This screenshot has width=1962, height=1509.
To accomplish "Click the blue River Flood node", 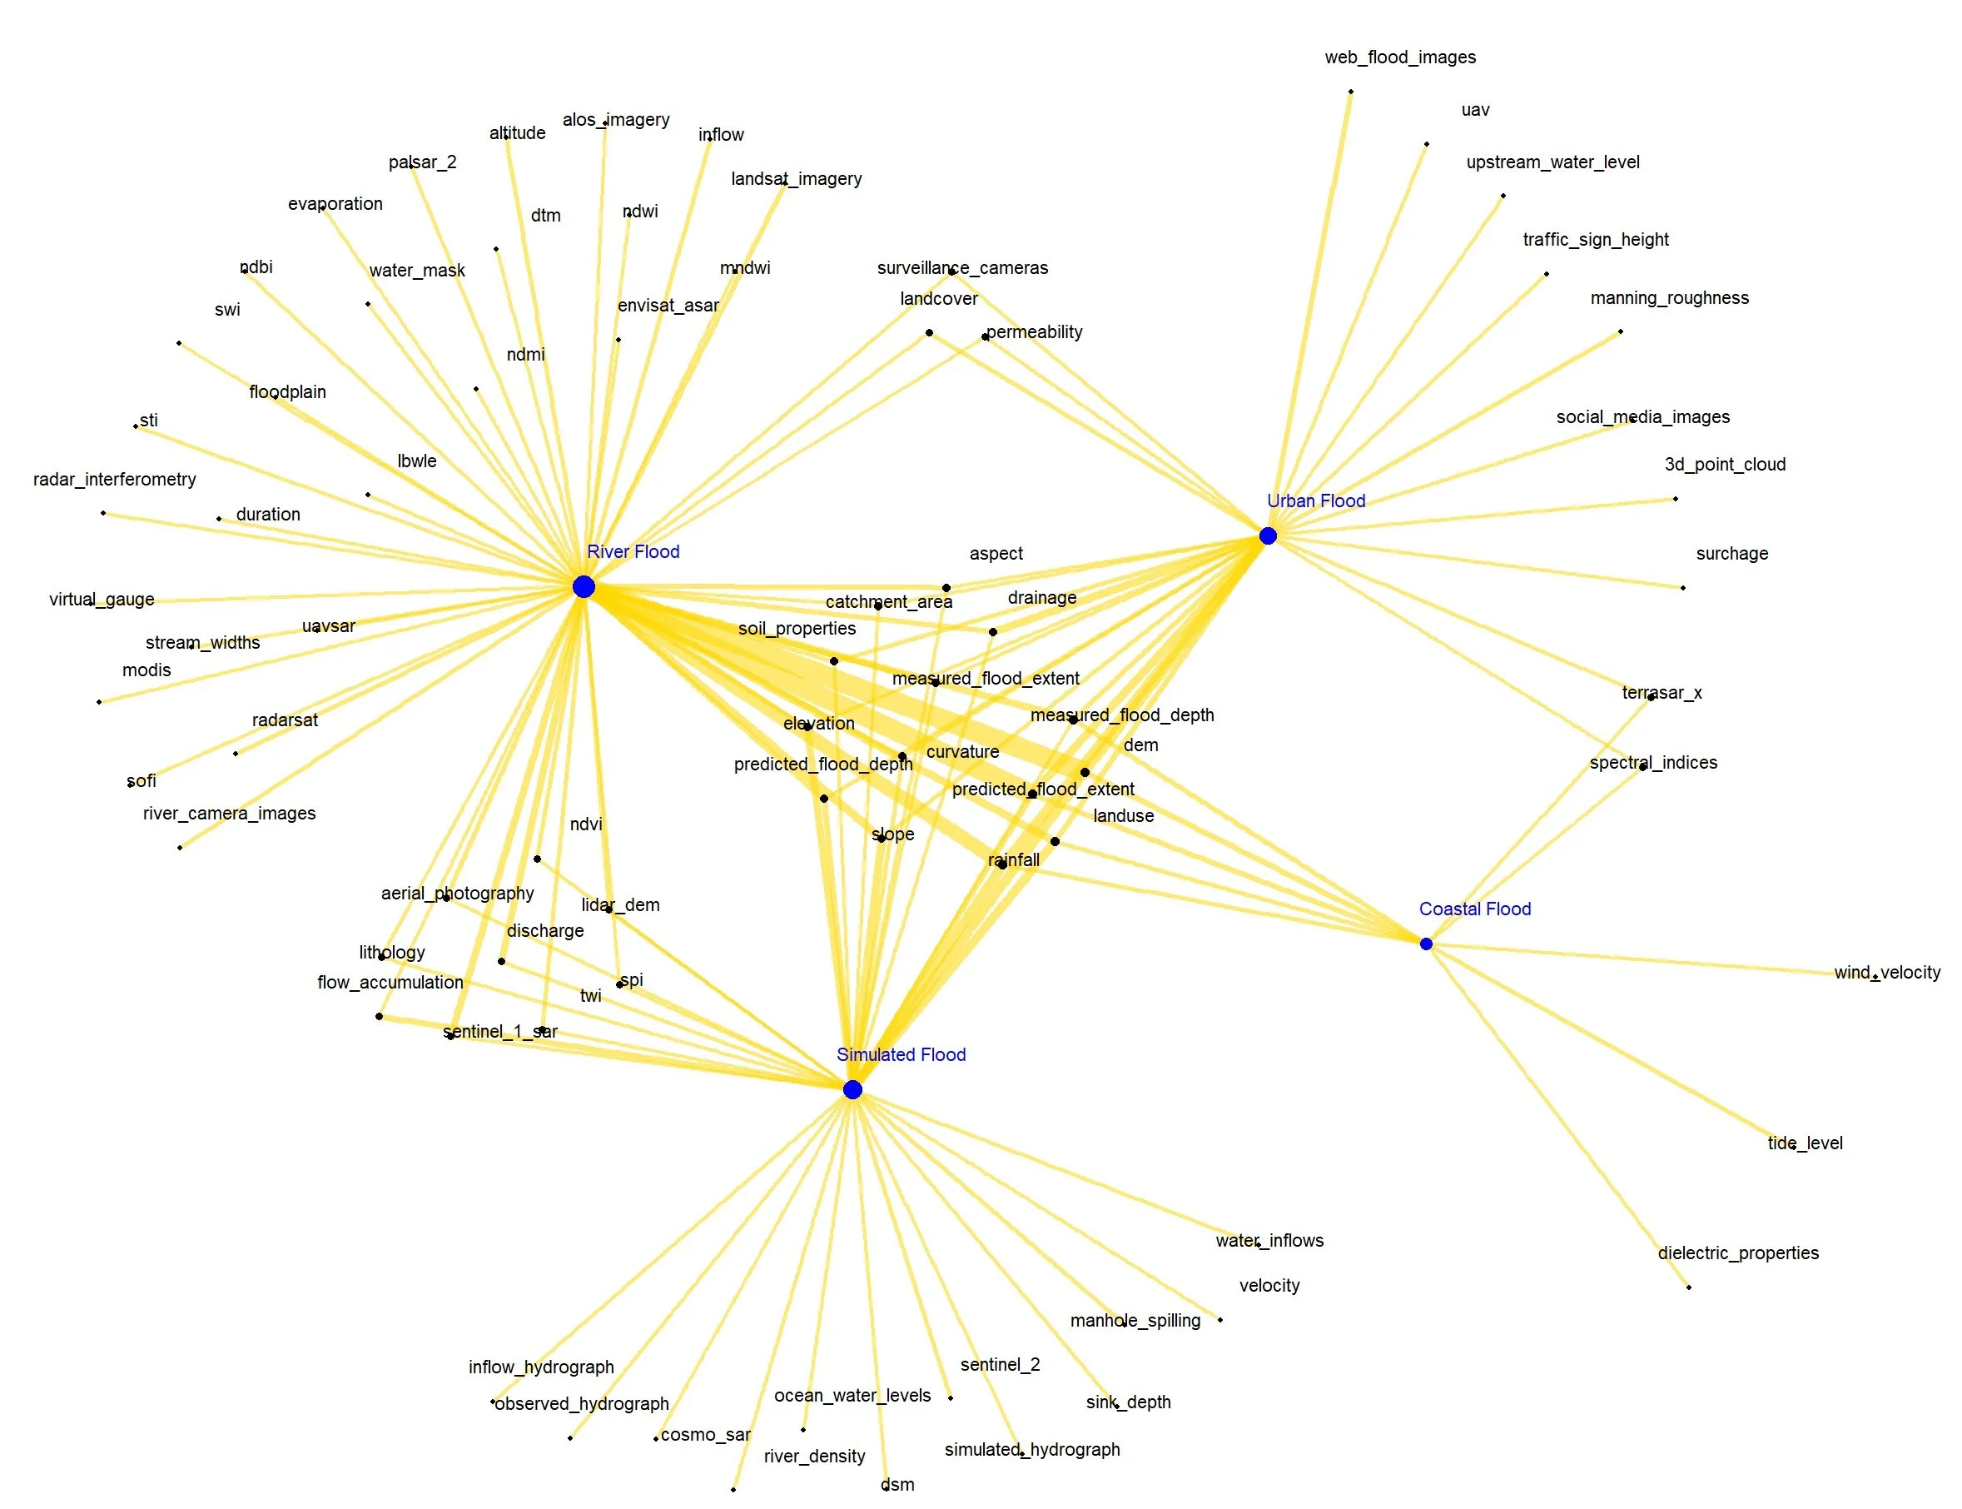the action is [x=584, y=586].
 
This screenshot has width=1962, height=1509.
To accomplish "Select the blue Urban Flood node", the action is [x=1267, y=536].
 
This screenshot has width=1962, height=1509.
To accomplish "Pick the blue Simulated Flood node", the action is [x=852, y=1089].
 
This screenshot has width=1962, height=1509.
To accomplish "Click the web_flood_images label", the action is [x=1400, y=57].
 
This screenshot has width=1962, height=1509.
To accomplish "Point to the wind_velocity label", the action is [x=1886, y=972].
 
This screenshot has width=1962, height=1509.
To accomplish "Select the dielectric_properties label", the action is [x=1737, y=1253].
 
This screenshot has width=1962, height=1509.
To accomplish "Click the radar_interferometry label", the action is [x=115, y=480].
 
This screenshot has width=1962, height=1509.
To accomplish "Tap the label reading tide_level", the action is [x=1805, y=1143].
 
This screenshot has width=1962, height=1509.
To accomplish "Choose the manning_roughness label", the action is [x=1669, y=298].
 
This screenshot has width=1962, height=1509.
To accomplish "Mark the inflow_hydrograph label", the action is [x=541, y=1367].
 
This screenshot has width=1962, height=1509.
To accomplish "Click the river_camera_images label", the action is [x=229, y=813].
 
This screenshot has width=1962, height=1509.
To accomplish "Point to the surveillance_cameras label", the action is [x=962, y=267].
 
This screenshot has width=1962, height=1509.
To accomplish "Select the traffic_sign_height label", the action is [x=1596, y=240].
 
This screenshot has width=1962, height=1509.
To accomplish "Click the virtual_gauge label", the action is [x=102, y=599].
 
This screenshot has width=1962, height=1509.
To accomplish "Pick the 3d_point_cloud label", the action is [x=1725, y=465].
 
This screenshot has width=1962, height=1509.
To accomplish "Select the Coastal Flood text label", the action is [x=1474, y=909].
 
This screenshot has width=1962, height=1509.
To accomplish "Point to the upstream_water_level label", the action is [x=1552, y=162].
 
